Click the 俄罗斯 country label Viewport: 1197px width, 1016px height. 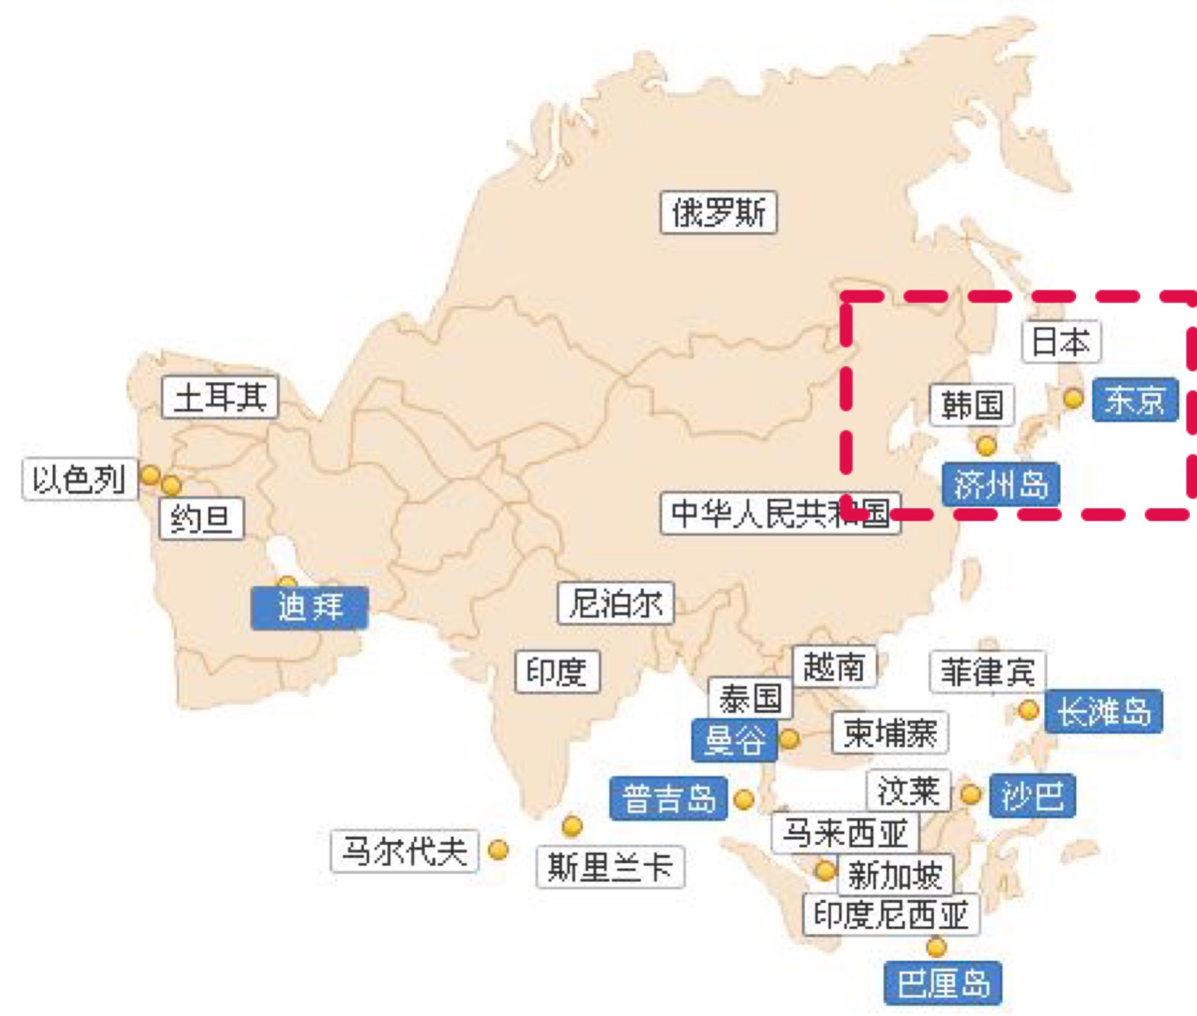[x=718, y=213]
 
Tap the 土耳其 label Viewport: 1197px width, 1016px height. [x=219, y=397]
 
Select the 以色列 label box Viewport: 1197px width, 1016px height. [x=79, y=479]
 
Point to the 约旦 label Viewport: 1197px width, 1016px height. [x=201, y=518]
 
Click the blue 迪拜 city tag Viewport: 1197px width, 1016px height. [x=310, y=607]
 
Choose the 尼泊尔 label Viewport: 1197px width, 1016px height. [x=616, y=603]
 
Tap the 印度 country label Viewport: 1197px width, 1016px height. [x=557, y=672]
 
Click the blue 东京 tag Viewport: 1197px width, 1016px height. [x=1135, y=400]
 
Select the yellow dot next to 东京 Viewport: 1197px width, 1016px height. [x=1073, y=397]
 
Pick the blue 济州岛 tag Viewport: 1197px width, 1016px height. [x=1001, y=484]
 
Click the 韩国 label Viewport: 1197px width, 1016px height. [x=972, y=405]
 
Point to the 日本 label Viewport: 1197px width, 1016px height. [x=1061, y=342]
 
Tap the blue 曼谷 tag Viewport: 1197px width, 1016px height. [x=734, y=740]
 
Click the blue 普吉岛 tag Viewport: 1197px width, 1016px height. [x=668, y=798]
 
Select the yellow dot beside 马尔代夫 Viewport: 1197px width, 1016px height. [x=498, y=849]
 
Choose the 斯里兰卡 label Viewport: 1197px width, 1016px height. [x=610, y=867]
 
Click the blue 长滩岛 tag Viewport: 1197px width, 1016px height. [x=1103, y=711]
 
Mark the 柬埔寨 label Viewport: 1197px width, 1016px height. [x=890, y=733]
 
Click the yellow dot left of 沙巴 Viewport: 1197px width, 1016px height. [x=970, y=795]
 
